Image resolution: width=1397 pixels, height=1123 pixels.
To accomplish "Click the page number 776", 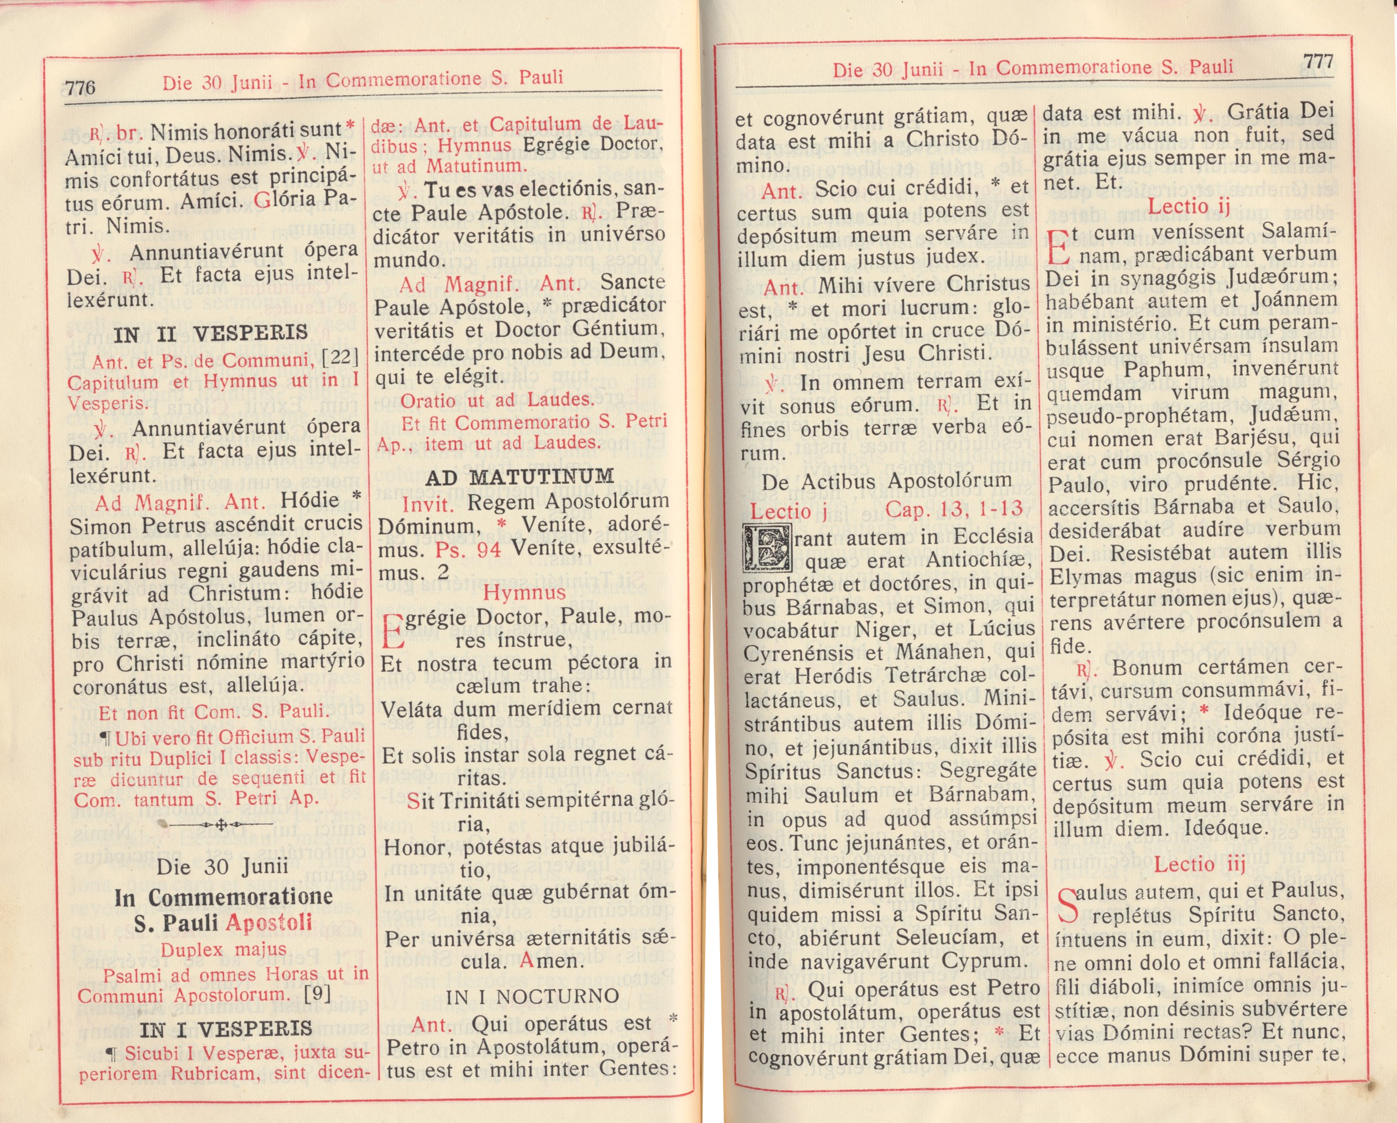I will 80,87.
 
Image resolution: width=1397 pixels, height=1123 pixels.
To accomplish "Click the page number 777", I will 1318,62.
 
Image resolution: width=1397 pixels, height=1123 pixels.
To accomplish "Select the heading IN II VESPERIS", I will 211,334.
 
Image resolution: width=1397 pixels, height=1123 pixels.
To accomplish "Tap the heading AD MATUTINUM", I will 519,477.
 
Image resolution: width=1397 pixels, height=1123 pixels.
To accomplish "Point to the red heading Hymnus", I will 524,592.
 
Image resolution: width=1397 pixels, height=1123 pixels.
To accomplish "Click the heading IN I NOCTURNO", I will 532,996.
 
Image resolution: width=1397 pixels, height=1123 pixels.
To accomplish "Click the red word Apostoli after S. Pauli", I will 269,923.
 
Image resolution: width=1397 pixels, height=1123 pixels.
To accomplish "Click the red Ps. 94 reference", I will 468,549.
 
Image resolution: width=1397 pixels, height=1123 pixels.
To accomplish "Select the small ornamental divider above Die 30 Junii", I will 219,825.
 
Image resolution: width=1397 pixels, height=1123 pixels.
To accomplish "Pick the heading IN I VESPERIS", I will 226,1029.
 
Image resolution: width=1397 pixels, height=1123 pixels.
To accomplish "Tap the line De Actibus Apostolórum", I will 886,481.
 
